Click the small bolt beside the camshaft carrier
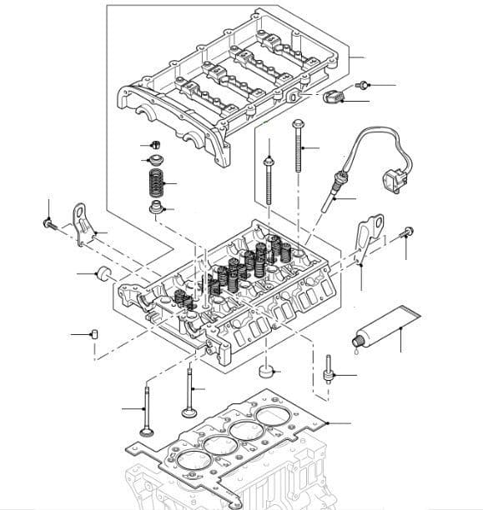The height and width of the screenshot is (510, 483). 363,85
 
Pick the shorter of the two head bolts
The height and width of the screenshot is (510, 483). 269,179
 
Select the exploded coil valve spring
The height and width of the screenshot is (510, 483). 154,182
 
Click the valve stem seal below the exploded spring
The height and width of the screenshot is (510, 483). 154,207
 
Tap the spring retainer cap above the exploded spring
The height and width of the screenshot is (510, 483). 154,158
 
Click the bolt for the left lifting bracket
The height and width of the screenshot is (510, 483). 48,222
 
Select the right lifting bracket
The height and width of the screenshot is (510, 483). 367,237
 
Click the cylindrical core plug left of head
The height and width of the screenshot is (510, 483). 106,272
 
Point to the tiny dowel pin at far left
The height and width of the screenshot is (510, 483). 94,334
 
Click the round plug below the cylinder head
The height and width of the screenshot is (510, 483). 267,369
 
